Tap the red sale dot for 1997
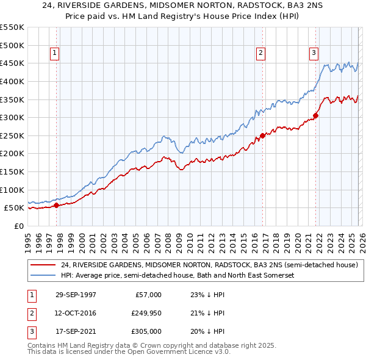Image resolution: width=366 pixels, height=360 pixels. pos(57,206)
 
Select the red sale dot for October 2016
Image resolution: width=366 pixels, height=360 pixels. pos(262,135)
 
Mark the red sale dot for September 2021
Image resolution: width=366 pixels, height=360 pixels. pos(315,115)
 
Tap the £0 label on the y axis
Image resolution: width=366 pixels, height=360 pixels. pos(18,226)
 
